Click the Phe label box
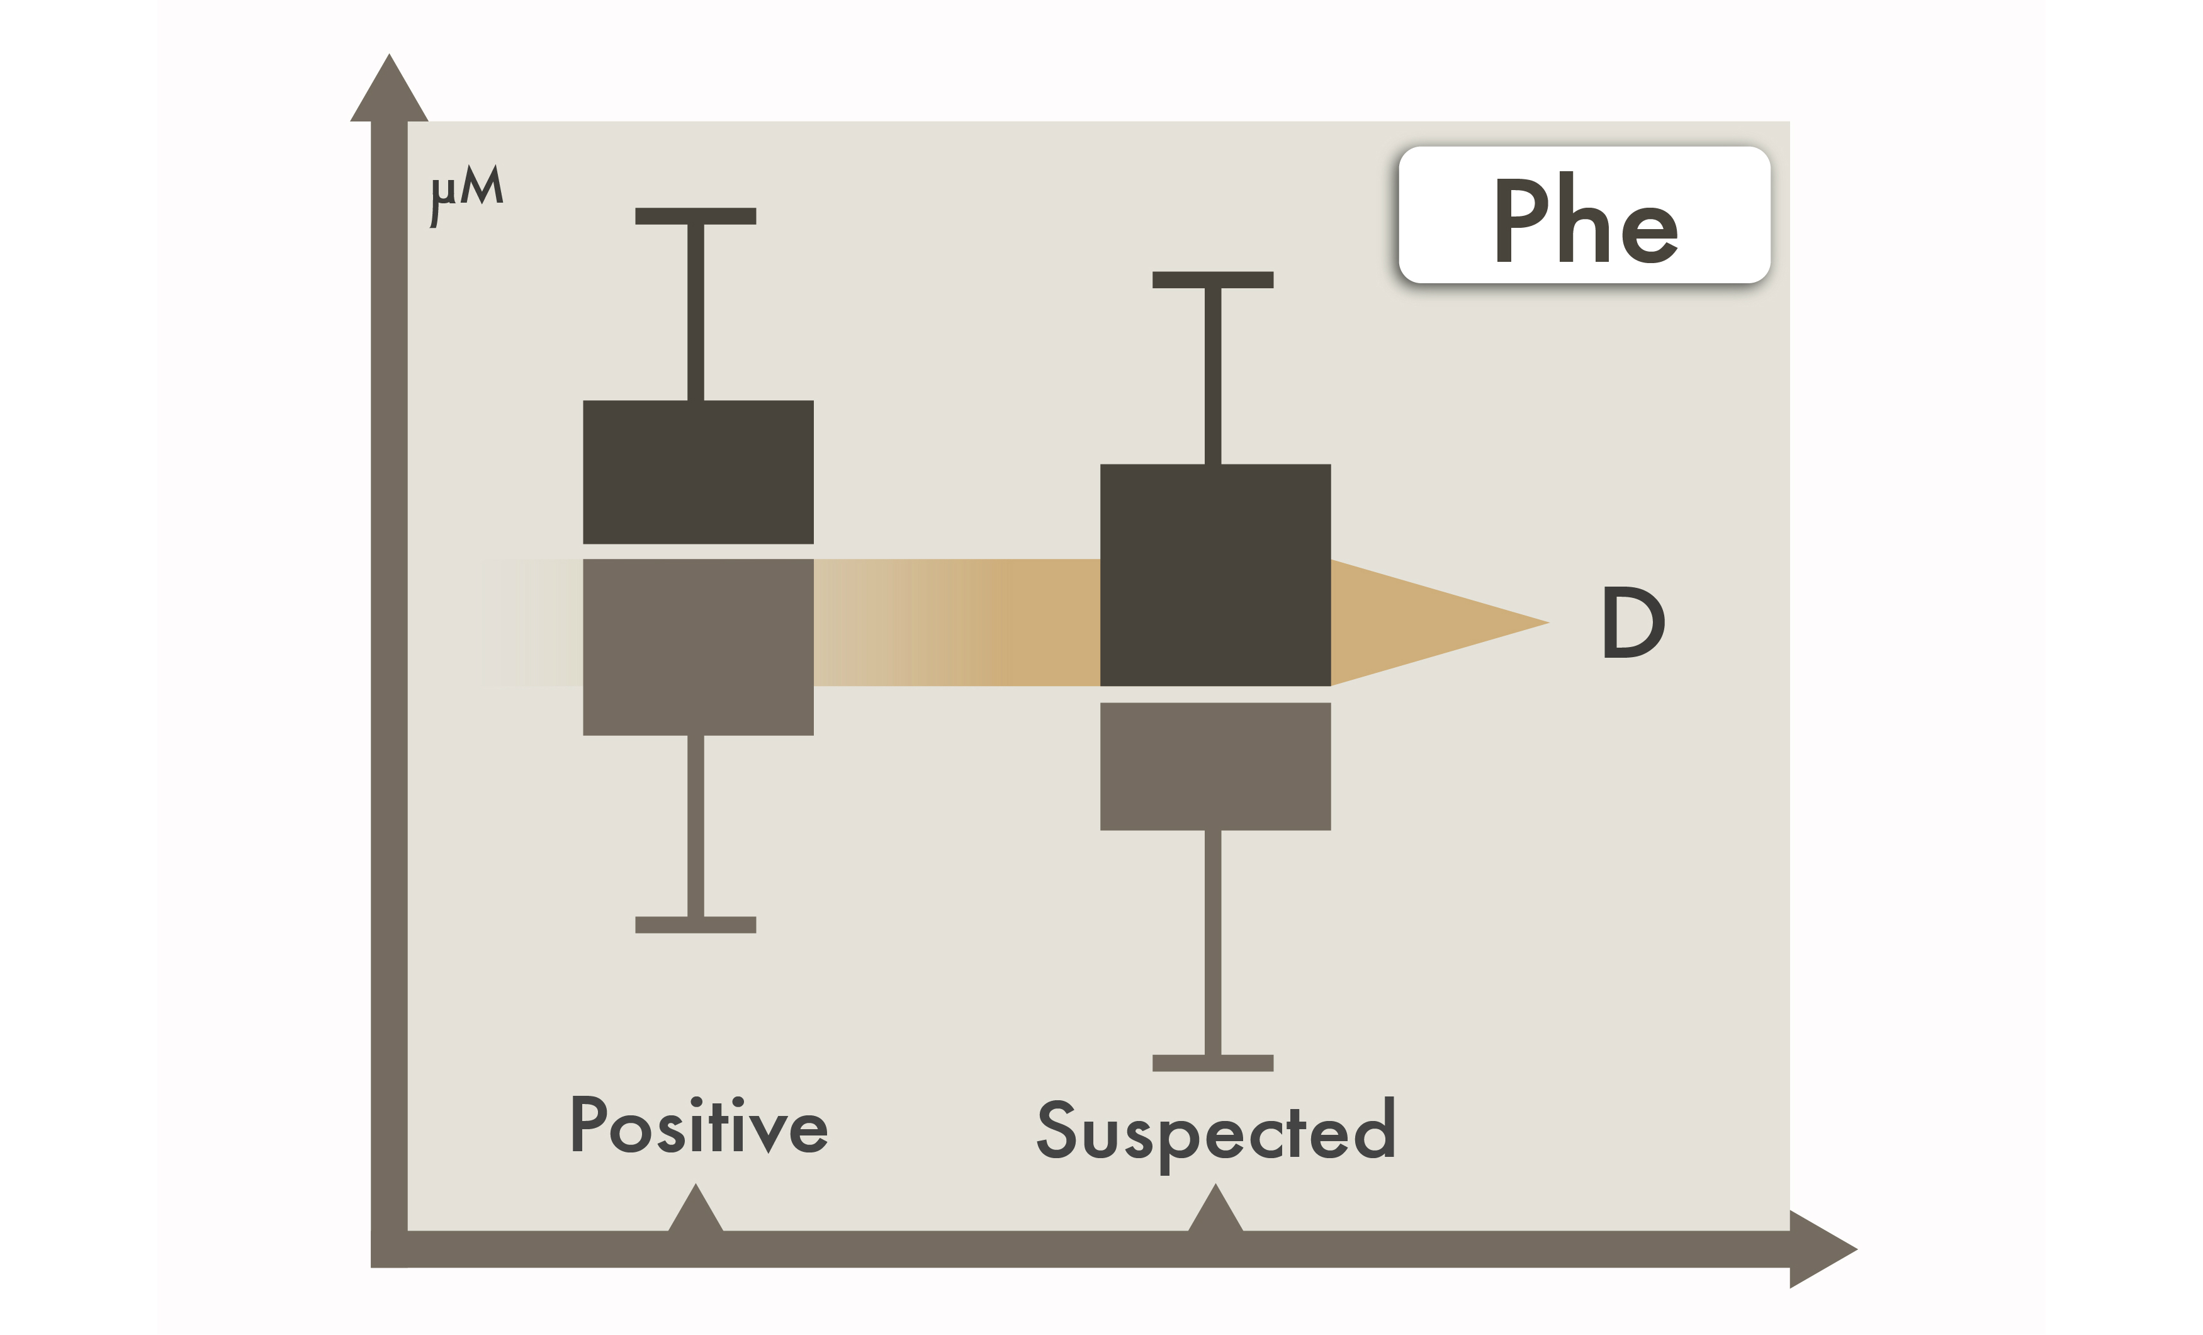1584,215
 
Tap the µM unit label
466,192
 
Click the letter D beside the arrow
1633,623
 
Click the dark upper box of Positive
698,472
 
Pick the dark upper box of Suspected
1215,575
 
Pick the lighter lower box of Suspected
1215,766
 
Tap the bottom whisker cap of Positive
696,925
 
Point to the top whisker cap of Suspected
1214,280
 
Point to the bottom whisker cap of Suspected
1214,1063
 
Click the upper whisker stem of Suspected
1214,376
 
